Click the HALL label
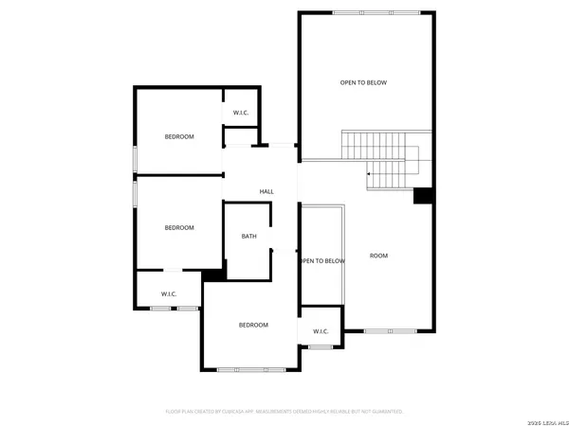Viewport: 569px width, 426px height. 266,192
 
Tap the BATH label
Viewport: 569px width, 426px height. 248,237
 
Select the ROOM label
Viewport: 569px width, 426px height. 378,256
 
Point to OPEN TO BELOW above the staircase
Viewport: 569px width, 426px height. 363,83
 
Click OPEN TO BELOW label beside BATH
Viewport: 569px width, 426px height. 321,261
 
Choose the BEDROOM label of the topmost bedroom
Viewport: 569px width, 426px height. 179,137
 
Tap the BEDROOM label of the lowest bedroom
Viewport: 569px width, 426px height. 253,326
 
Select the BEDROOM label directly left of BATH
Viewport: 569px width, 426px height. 179,228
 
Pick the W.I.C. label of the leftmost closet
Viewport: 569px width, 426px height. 169,294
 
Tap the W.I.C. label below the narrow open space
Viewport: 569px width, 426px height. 320,331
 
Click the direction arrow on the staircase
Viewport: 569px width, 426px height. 370,174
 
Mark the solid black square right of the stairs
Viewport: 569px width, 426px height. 424,196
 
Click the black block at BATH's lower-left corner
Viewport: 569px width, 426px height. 213,275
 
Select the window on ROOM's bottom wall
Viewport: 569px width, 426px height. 390,330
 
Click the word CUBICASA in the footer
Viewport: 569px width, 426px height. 249,412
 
